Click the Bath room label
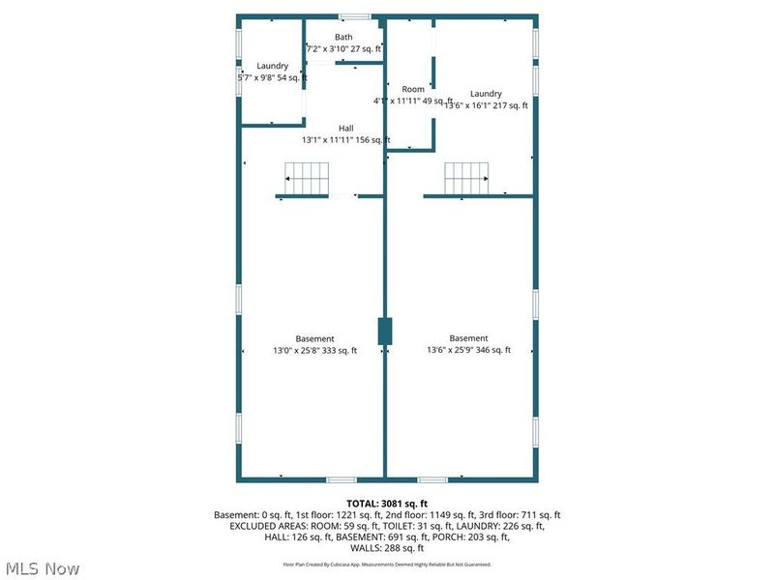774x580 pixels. [344, 37]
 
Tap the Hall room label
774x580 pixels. [345, 128]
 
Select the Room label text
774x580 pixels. [413, 89]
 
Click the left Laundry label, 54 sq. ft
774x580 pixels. [273, 66]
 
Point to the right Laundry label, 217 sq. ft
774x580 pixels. [486, 94]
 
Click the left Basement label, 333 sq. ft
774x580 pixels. [314, 338]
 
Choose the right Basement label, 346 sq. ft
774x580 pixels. [469, 338]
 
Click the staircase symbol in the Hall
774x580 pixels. [307, 179]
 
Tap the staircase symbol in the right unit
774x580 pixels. [466, 179]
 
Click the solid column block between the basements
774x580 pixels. [384, 331]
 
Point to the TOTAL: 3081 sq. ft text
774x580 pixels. [386, 503]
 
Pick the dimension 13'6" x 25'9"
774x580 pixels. [450, 351]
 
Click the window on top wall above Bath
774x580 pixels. [354, 16]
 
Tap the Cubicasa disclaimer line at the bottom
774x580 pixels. [386, 564]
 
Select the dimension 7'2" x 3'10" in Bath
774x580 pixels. [334, 48]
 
